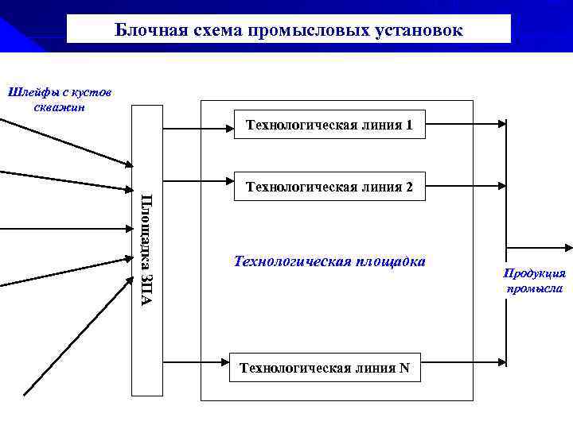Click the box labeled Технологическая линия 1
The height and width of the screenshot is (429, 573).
pos(329,126)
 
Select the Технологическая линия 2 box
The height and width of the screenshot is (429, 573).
pos(329,187)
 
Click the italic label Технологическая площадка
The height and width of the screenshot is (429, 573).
pos(329,261)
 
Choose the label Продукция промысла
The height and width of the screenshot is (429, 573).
pos(534,280)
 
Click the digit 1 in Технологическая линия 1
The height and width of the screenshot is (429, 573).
pos(408,126)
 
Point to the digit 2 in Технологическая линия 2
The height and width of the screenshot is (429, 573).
pos(408,187)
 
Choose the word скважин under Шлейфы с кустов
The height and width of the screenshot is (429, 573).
pos(60,107)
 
